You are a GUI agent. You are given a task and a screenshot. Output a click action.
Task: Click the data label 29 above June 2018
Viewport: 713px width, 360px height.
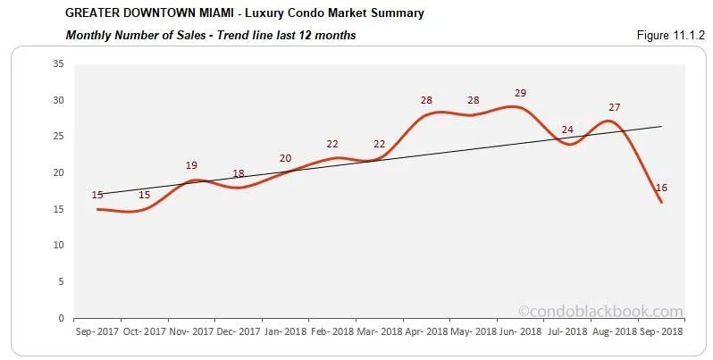coord(520,93)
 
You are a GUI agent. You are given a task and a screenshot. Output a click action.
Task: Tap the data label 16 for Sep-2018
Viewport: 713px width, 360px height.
coord(662,188)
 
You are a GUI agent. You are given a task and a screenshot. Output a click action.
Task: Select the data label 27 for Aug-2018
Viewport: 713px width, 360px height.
coord(614,107)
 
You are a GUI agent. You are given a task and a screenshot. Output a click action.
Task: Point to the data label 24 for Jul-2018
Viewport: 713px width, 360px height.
coord(566,130)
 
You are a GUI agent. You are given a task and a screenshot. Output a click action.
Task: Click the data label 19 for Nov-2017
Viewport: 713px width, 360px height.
coord(191,165)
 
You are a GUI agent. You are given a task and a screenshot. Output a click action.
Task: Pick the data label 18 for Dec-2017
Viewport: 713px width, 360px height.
coord(239,173)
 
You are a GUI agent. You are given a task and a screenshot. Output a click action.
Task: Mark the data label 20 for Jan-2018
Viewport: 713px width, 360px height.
coord(285,158)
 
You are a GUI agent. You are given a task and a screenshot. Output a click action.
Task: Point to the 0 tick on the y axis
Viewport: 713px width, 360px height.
coord(60,318)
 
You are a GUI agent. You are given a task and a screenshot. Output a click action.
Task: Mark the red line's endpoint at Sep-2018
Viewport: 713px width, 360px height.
coord(661,202)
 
